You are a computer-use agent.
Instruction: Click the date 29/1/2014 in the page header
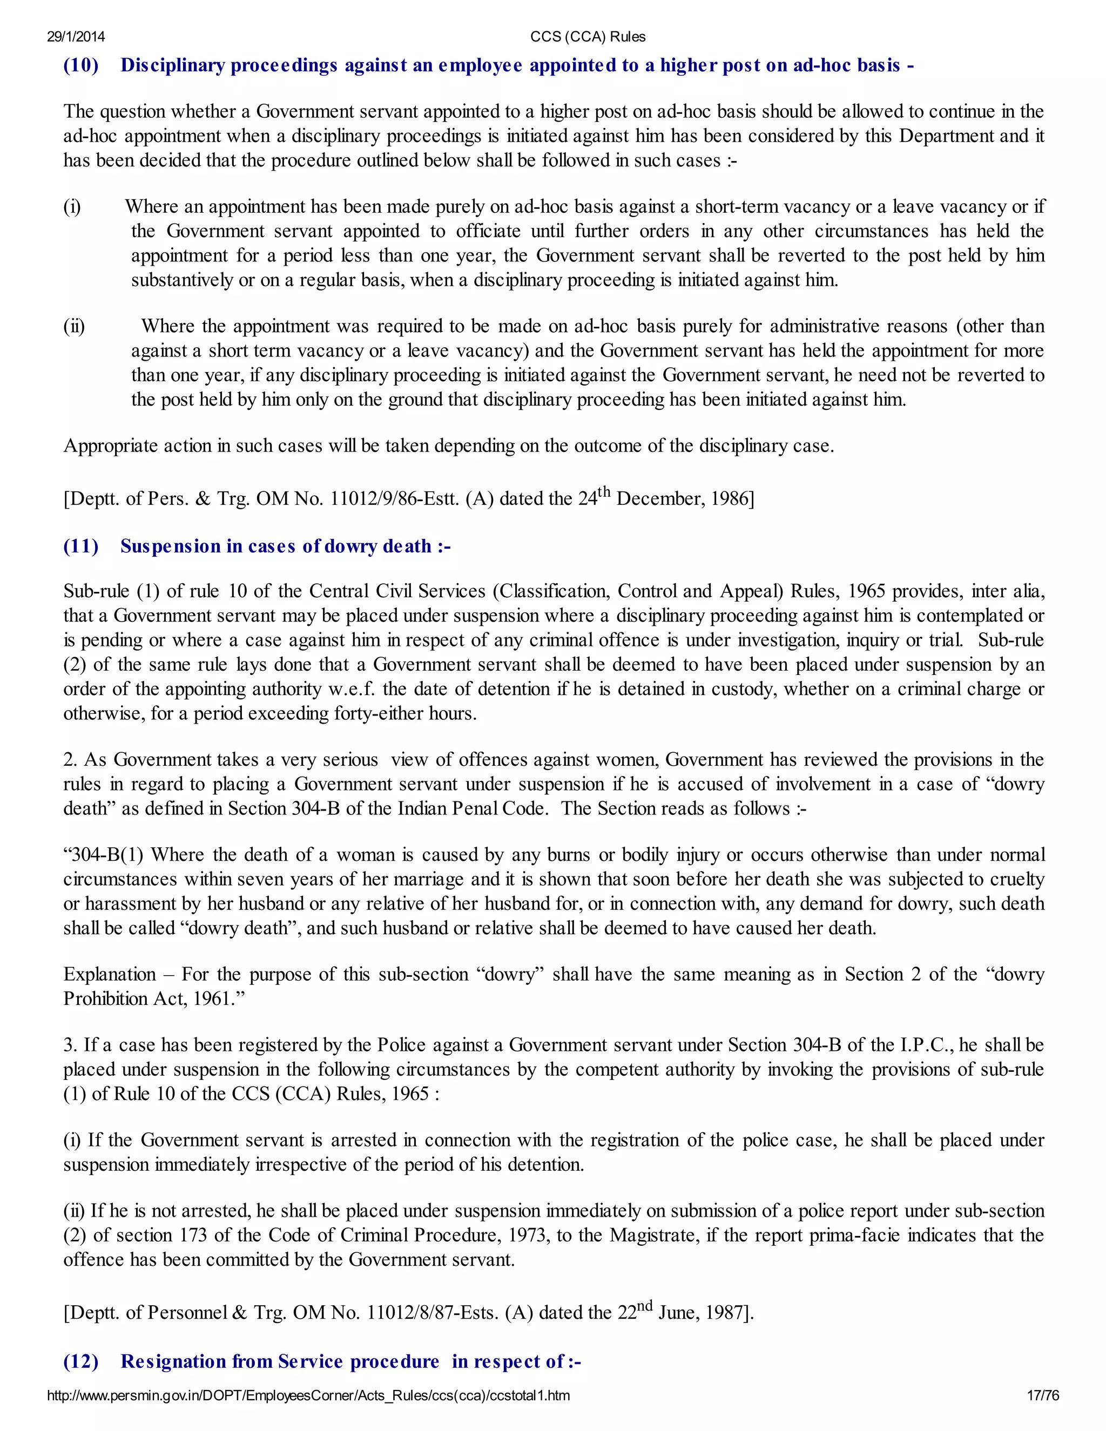(x=76, y=37)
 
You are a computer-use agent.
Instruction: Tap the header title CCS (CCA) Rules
(x=588, y=37)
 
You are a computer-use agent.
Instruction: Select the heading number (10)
(x=80, y=65)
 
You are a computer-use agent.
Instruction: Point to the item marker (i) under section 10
(x=72, y=207)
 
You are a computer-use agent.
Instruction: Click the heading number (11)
(x=80, y=546)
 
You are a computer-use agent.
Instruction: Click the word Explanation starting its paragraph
(x=110, y=975)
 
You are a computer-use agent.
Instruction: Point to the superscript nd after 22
(x=644, y=1306)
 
